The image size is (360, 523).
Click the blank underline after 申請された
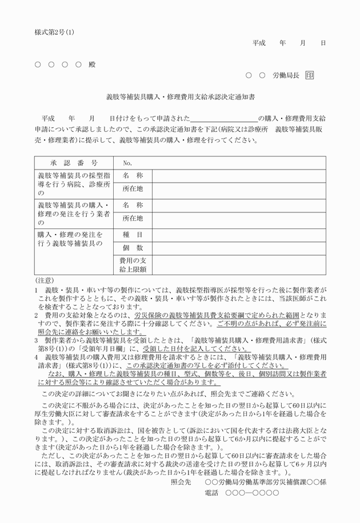[x=223, y=118]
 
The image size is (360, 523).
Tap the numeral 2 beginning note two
[x=35, y=315]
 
